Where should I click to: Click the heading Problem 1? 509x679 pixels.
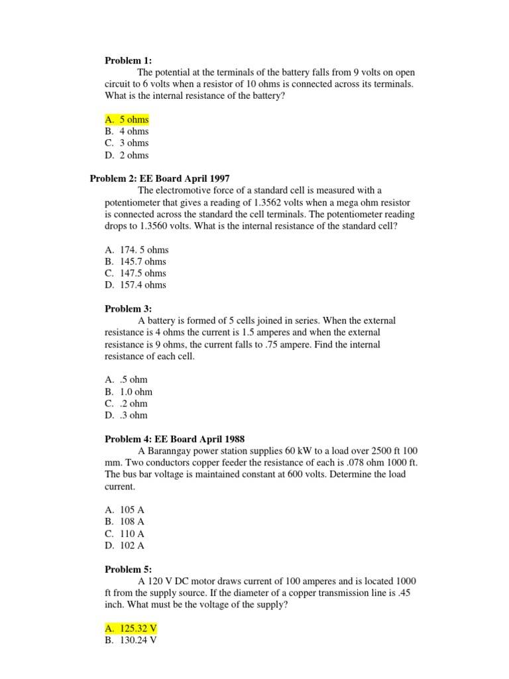(x=128, y=60)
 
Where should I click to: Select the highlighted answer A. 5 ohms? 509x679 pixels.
(x=127, y=119)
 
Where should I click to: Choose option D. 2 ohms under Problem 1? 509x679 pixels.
(x=127, y=155)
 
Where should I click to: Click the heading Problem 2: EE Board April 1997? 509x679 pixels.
(x=159, y=178)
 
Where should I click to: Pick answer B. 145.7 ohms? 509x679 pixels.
(x=135, y=261)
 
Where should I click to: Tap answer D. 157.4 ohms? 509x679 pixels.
(x=135, y=285)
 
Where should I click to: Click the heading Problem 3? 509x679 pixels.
(x=128, y=308)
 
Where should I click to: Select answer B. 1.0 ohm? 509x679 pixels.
(x=129, y=392)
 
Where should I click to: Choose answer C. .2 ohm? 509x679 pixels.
(x=127, y=403)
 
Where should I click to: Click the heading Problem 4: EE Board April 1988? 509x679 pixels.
(x=175, y=439)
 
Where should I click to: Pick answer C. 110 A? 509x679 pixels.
(x=125, y=534)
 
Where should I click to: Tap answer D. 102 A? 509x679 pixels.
(x=125, y=546)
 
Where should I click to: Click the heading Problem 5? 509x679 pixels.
(x=128, y=569)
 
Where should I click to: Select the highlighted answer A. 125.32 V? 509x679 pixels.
(x=131, y=629)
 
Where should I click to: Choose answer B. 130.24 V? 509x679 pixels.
(x=131, y=641)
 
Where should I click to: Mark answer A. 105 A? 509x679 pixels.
(x=125, y=510)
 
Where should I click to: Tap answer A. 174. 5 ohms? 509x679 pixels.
(x=137, y=250)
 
